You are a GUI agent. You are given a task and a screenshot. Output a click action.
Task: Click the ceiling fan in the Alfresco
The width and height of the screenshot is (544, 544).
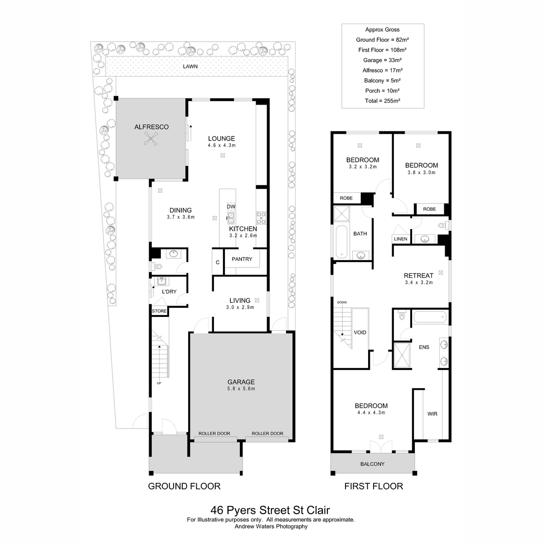[x=151, y=139]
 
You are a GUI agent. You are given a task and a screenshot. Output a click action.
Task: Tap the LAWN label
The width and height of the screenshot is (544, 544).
[x=190, y=66]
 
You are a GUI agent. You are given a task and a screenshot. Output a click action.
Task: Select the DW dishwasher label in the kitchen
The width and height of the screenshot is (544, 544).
[x=231, y=207]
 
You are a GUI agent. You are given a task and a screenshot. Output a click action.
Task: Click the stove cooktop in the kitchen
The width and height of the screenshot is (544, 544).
[x=262, y=218]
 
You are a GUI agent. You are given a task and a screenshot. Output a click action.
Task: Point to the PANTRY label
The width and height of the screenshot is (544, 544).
[x=242, y=259]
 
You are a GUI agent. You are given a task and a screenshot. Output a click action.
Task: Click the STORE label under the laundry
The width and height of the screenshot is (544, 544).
[x=159, y=311]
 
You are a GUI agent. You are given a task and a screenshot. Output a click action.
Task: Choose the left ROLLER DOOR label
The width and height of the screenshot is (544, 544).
[x=214, y=433]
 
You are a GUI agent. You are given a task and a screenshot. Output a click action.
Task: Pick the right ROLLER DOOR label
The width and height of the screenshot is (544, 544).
[x=267, y=433]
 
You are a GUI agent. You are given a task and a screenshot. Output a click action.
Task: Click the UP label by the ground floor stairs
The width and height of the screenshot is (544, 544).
[x=159, y=384]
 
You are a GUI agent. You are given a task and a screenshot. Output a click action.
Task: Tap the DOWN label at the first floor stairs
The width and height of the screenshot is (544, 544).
[x=342, y=302]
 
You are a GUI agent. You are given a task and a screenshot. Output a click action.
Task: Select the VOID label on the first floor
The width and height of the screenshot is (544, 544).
[x=360, y=333]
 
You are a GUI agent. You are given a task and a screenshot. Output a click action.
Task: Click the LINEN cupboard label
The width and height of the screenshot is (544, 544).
[x=400, y=239]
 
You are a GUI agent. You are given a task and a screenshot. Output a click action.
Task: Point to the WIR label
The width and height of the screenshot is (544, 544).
[x=432, y=414]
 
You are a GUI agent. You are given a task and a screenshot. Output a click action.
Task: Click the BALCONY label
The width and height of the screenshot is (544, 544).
[x=372, y=464]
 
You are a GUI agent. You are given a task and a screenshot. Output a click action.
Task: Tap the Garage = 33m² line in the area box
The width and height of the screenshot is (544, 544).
[x=383, y=60]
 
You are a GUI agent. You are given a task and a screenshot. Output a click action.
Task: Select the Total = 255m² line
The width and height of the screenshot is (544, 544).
[x=383, y=101]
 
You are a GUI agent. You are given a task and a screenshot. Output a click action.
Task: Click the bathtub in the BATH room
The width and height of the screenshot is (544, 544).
[x=342, y=242]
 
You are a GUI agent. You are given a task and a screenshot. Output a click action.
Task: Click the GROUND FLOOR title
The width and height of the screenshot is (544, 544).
[x=184, y=486]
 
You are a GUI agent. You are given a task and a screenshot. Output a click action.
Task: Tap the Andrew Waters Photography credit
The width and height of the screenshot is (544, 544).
[x=271, y=526]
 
